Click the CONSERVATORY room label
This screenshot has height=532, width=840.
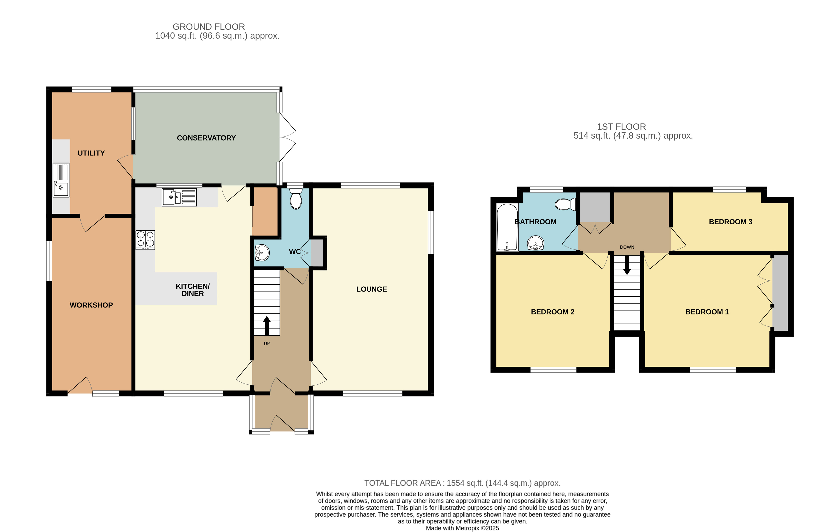[x=206, y=138]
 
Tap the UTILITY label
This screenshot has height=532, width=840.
[x=91, y=153]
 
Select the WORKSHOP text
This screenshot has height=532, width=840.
[x=91, y=305]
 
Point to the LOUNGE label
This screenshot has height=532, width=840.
[x=371, y=289]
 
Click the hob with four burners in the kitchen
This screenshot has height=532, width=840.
[x=145, y=240]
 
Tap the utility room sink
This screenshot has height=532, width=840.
[x=61, y=180]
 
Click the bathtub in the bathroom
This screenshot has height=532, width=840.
[x=507, y=227]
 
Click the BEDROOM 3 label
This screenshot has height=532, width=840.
[x=730, y=222]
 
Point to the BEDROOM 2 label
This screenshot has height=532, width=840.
[x=552, y=312]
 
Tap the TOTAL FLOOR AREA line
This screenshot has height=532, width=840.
[x=462, y=483]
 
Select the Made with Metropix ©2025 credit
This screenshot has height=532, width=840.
[x=462, y=528]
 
